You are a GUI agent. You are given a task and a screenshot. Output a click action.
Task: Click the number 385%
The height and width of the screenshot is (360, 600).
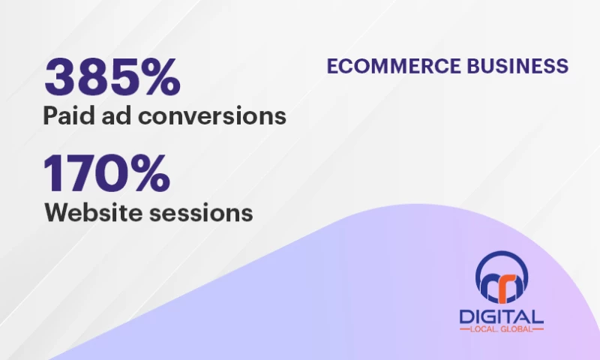pos(112,77)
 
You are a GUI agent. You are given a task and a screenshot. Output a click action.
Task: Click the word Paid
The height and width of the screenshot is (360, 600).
pos(67,117)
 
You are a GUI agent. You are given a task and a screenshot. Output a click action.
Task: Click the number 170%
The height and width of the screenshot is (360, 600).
pos(106,173)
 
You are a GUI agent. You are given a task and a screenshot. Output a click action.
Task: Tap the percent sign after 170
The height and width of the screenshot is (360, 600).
pos(148,173)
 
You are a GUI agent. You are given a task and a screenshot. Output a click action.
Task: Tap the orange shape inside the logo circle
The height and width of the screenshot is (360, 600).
pos(510,281)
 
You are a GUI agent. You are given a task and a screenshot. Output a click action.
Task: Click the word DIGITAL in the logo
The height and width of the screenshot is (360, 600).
pos(503,317)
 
